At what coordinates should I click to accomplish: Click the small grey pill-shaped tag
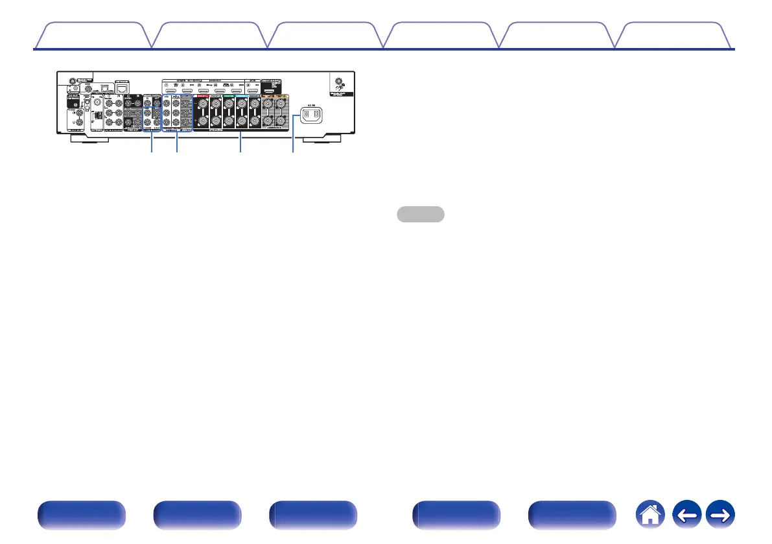pyautogui.click(x=421, y=214)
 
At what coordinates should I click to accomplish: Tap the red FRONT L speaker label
pyautogui.click(x=200, y=95)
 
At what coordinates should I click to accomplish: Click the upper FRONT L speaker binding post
pyautogui.click(x=201, y=104)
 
